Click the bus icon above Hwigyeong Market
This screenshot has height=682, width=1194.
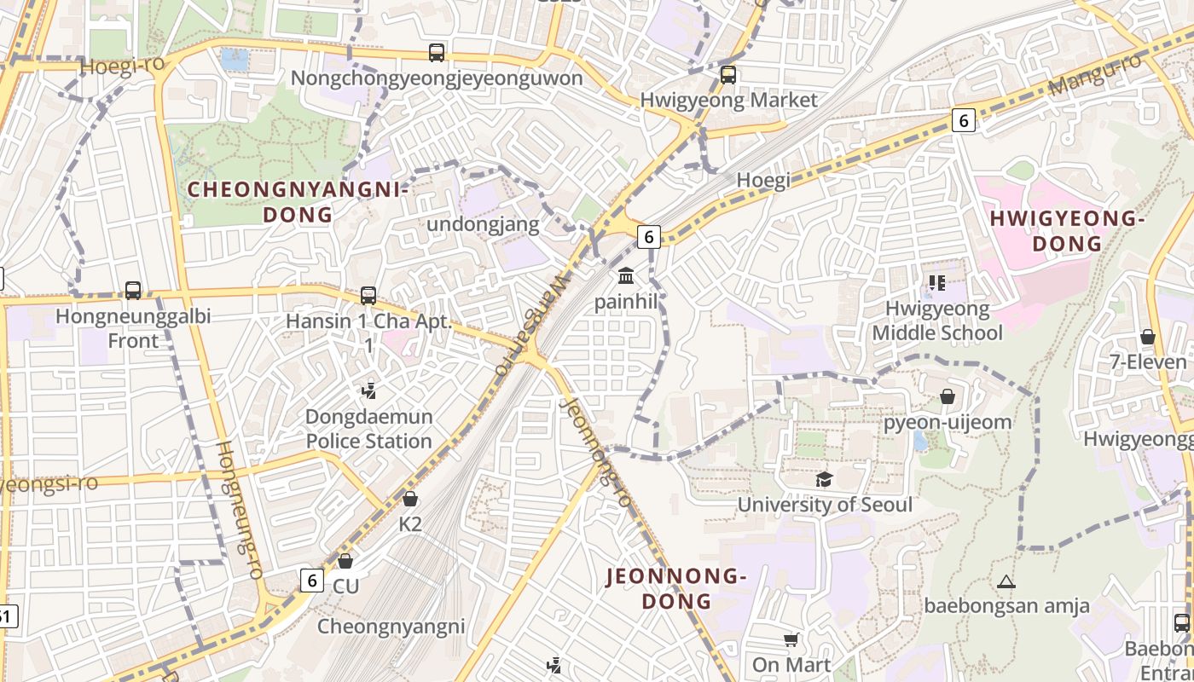728,75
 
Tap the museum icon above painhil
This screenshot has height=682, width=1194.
626,276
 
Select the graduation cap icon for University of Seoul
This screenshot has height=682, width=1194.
824,479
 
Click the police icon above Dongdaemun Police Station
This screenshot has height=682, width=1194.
368,391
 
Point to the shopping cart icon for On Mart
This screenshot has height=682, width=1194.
791,639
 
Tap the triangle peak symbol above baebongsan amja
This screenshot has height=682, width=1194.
1006,582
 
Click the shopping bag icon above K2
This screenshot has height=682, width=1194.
410,499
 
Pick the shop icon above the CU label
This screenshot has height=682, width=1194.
345,561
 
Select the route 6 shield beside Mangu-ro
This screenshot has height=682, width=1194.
964,121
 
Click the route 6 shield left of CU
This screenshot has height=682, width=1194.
312,581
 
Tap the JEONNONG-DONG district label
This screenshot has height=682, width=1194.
676,589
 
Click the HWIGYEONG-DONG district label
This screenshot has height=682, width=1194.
1067,232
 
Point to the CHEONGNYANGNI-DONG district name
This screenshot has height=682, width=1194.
298,202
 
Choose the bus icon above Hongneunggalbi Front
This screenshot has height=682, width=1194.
133,291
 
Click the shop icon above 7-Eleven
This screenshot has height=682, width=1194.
1148,337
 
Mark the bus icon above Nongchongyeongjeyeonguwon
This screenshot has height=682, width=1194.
437,53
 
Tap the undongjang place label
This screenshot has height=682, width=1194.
483,225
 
